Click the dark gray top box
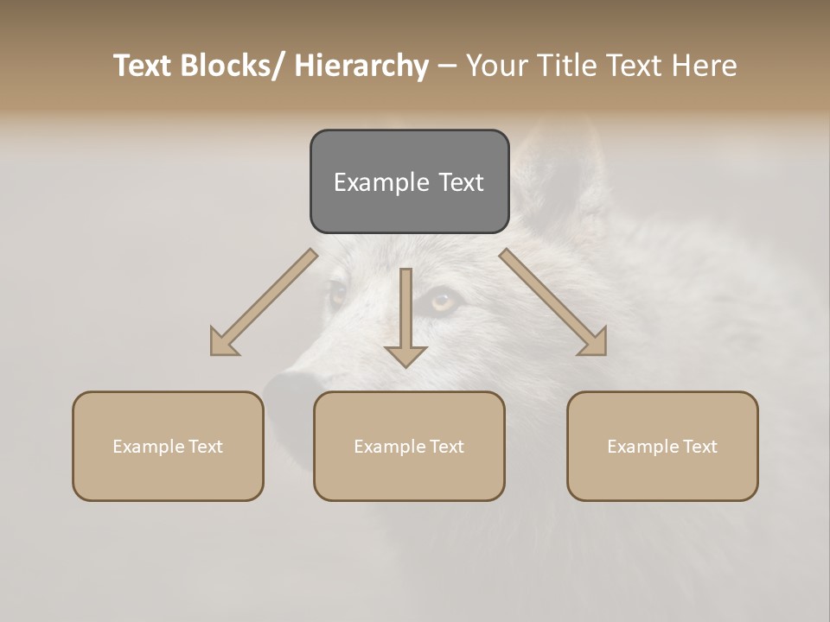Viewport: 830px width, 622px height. click(x=409, y=181)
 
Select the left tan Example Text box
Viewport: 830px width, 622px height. click(x=168, y=446)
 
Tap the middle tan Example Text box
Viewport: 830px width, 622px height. click(x=409, y=446)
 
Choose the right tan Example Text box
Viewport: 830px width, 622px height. click(x=662, y=446)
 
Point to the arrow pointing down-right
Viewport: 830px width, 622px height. click(x=553, y=302)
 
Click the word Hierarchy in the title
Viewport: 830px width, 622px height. click(x=361, y=67)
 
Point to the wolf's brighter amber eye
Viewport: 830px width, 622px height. click(x=443, y=301)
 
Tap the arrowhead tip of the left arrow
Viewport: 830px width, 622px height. click(x=214, y=351)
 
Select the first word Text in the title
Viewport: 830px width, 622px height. click(x=144, y=67)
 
